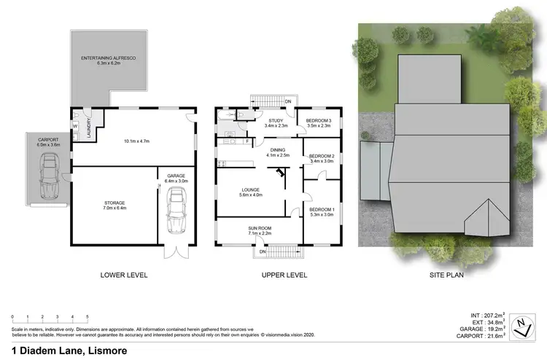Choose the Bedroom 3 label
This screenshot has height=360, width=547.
tap(318, 122)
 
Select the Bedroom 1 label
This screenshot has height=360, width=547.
tap(321, 192)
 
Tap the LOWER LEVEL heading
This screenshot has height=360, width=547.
tap(124, 275)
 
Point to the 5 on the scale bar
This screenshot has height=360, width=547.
tap(88, 317)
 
